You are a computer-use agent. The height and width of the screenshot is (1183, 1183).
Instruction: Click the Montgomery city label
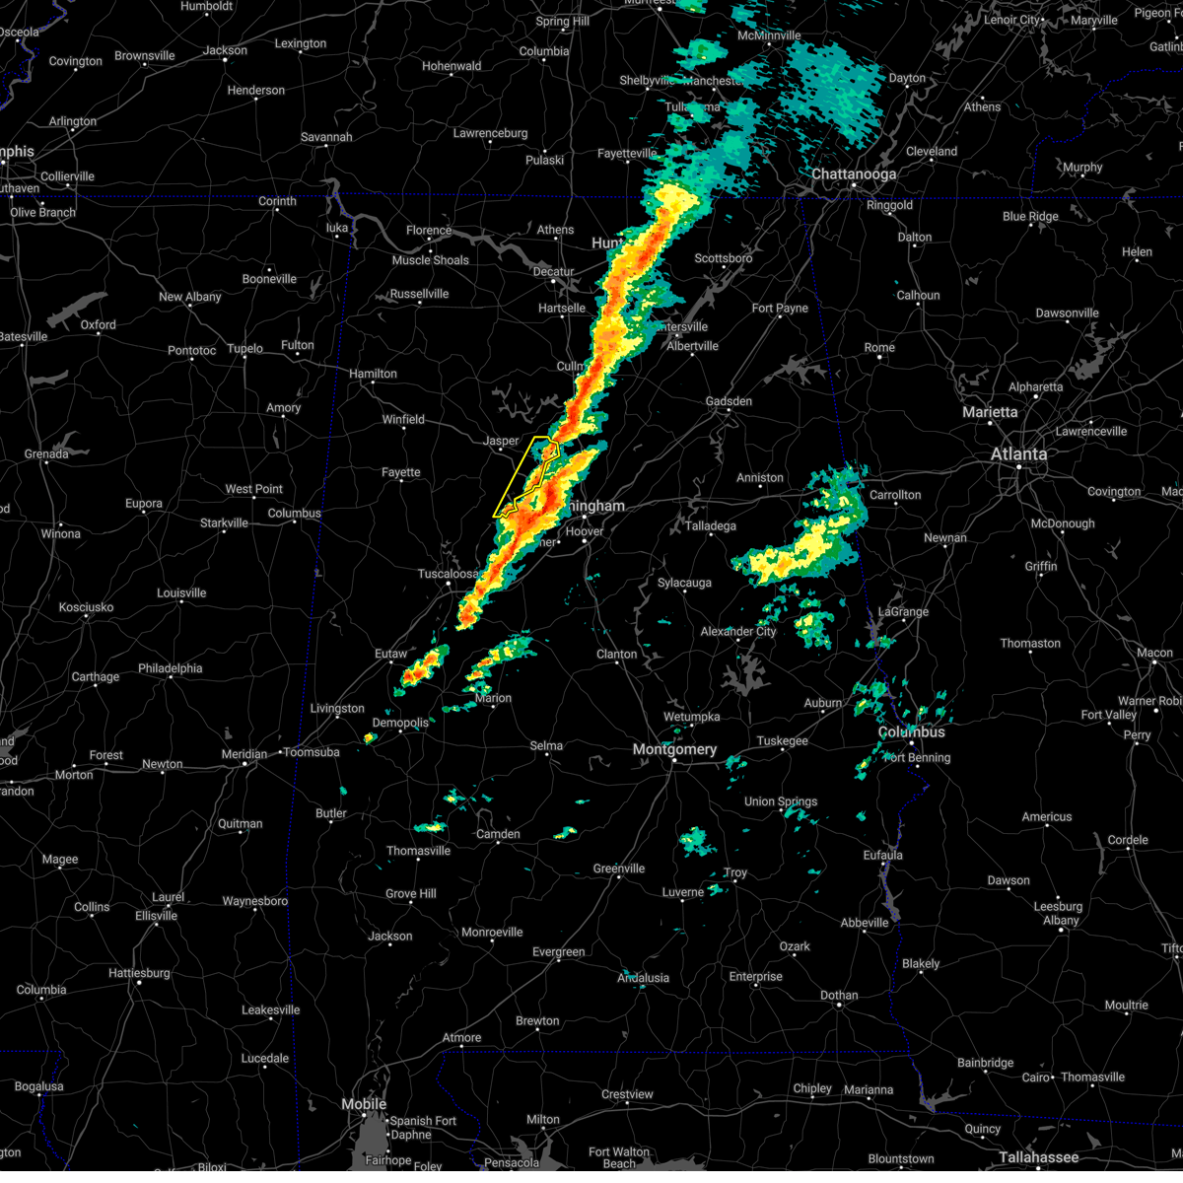pos(675,750)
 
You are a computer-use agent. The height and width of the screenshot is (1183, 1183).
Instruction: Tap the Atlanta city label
pos(1018,454)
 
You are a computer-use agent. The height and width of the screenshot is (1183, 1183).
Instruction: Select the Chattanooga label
pos(854,174)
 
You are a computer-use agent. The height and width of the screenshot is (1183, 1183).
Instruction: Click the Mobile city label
pos(364,1104)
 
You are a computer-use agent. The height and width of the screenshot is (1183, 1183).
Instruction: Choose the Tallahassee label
pos(1039,1157)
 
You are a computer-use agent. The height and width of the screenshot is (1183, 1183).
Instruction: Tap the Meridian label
pos(244,754)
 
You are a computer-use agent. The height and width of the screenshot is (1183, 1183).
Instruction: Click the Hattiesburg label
pos(139,973)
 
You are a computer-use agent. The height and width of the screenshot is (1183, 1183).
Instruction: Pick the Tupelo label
pos(244,348)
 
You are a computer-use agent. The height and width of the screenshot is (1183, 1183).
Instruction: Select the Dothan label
pos(839,996)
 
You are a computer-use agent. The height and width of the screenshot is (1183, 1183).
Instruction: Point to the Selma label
pos(546,746)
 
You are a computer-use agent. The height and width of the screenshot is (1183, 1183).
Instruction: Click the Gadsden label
pos(729,401)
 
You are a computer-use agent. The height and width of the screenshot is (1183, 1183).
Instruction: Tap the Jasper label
pos(501,442)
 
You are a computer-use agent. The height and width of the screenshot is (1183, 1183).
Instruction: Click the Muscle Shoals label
pos(431,260)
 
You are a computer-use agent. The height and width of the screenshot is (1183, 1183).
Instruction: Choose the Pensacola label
pos(511,1163)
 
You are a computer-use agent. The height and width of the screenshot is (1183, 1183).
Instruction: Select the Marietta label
pos(991,412)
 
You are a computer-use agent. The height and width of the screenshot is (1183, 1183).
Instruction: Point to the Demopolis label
pos(400,723)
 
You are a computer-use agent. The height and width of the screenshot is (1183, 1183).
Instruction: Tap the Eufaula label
pos(882,856)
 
